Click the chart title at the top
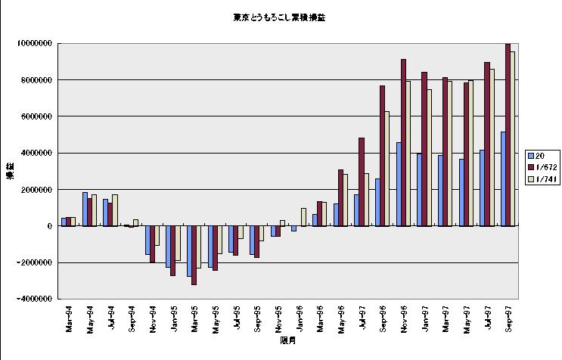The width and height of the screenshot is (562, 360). (280, 17)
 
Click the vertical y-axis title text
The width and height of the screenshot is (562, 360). (11, 171)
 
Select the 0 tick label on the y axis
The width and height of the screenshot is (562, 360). (48, 226)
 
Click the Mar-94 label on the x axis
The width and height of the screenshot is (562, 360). (68, 318)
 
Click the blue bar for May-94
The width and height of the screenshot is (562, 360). (85, 209)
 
